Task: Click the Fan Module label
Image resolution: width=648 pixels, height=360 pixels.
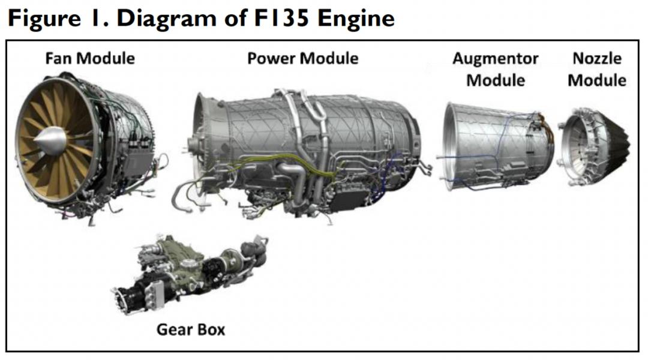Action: point(90,58)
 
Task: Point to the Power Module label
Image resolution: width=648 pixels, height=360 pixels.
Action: point(302,58)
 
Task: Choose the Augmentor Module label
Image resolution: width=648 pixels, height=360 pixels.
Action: point(495,69)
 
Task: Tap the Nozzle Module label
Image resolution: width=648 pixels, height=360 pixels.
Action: point(596,69)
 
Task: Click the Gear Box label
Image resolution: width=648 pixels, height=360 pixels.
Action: point(190,329)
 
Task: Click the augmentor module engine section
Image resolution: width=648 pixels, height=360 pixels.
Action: point(495,147)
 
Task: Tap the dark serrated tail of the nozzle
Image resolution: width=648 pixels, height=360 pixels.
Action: point(618,144)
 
